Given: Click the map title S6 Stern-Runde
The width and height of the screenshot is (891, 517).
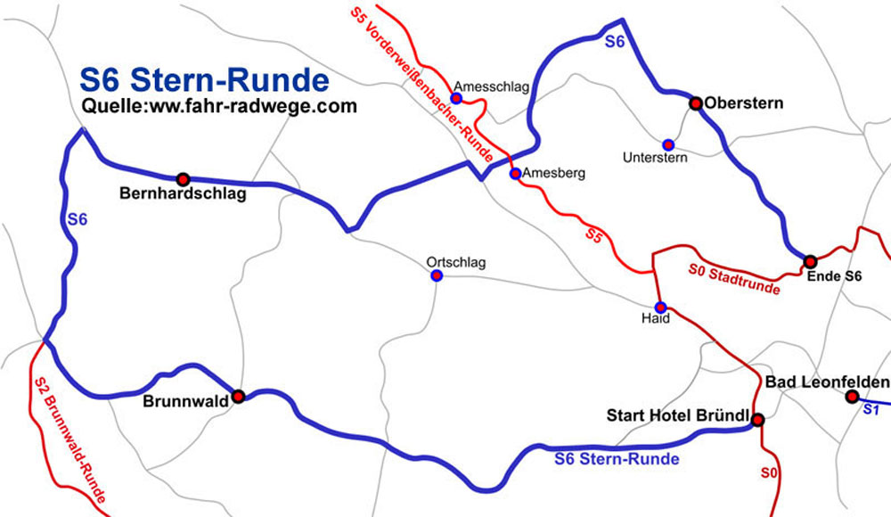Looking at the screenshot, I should tap(204, 80).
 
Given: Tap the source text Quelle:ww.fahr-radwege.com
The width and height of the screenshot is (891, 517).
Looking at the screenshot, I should tap(218, 106).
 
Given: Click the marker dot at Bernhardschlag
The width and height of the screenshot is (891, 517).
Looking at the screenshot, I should tap(183, 179).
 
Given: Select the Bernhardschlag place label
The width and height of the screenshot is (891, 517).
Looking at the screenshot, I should tap(183, 194).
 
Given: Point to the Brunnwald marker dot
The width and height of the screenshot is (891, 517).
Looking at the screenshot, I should tap(238, 395).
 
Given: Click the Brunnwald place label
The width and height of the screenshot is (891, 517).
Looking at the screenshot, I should tap(184, 402).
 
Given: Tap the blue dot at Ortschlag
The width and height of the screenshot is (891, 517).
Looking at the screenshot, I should tap(437, 276).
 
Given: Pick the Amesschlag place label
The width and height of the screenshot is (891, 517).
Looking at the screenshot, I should tap(491, 86).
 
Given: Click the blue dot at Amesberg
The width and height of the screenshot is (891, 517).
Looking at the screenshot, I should tap(514, 174).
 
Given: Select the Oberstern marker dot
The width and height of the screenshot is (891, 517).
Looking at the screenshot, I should tap(696, 103).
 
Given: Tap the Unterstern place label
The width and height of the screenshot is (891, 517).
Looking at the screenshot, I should tap(655, 159).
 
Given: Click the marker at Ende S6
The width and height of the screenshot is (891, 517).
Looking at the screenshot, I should tap(810, 262).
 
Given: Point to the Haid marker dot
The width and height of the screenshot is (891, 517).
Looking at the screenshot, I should tap(660, 307).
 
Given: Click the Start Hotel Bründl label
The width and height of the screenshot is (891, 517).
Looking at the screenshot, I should tap(676, 415).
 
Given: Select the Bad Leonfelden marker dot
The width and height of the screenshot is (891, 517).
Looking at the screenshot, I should tap(852, 397).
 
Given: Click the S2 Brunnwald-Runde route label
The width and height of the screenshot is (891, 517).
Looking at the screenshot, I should tap(69, 439).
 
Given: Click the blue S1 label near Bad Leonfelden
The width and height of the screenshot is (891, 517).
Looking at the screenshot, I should tap(871, 410).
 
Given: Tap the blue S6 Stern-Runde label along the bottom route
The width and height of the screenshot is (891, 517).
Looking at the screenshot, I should tap(617, 460).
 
